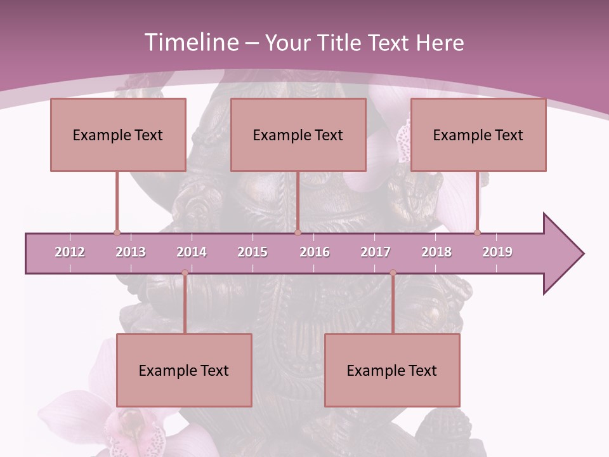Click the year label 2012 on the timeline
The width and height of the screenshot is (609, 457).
[70, 252]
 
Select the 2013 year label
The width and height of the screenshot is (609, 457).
[131, 252]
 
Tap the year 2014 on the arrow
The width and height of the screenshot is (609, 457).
[192, 252]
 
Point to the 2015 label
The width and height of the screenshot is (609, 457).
[252, 252]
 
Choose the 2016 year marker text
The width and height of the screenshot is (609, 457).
[315, 252]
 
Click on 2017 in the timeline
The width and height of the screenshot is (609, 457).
[376, 252]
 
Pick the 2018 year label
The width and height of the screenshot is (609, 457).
[436, 252]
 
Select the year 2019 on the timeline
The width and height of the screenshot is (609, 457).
[497, 252]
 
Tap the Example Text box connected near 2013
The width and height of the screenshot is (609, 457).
[118, 135]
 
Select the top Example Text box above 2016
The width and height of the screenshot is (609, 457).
[298, 135]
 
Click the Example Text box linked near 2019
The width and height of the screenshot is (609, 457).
[478, 135]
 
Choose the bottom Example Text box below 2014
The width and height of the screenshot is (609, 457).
[184, 370]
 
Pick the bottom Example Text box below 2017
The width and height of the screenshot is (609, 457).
[392, 370]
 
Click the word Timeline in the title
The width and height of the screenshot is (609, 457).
[190, 43]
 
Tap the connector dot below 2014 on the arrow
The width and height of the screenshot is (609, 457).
[185, 273]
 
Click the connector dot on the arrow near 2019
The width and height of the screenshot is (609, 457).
[478, 232]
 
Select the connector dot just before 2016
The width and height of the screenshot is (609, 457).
[298, 232]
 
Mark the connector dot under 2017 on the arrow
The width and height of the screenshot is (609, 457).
[393, 273]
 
